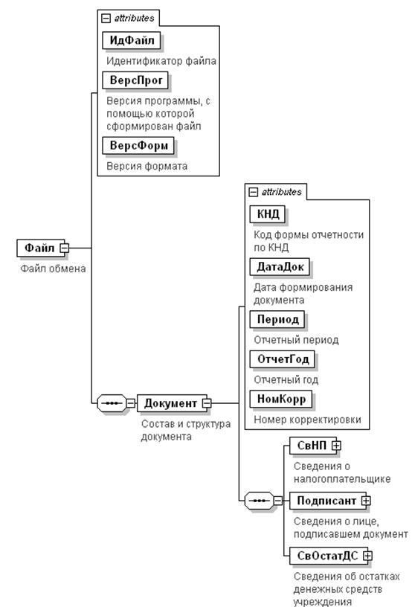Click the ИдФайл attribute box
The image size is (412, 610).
coord(132,40)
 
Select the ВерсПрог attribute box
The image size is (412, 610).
coord(135,80)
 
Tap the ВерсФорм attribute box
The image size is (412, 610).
coord(138,146)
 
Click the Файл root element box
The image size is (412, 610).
coord(40,248)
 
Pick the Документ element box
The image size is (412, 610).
coord(172,403)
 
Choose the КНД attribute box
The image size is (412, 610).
coord(268,214)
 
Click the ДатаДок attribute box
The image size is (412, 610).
coord(280,267)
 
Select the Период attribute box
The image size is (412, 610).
coord(277,319)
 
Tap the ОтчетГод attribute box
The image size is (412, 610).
coord(283,359)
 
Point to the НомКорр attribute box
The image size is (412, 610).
coord(281,399)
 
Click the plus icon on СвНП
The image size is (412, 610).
coord(336,446)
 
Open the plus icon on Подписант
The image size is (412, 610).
coord(366,501)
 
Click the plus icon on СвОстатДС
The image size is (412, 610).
coord(367,556)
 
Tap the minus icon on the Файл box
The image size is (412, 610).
coord(65,248)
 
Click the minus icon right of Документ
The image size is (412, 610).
coord(207,403)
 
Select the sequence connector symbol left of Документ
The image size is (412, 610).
coord(112,403)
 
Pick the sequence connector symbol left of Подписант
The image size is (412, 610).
coord(260,501)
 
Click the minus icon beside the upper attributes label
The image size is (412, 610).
coord(106,19)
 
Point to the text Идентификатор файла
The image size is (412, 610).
coord(161,61)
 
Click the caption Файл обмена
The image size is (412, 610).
coord(53,269)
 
